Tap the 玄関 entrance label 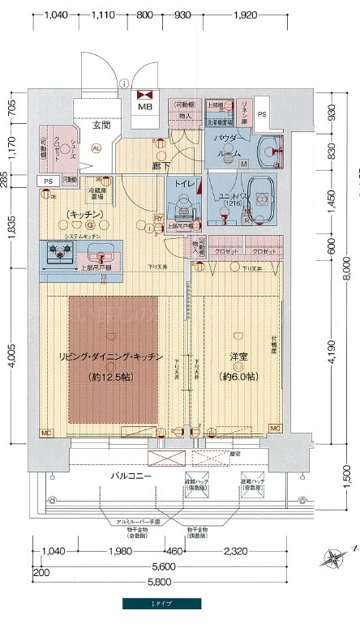pos(101,125)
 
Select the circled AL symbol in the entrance pos(96,148)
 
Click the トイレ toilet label pos(182,184)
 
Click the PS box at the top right pos(261,114)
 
